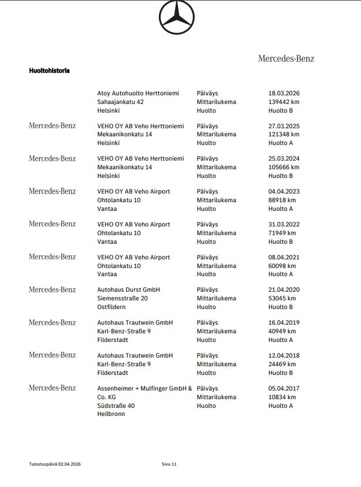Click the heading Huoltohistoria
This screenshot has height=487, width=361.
pos(50,70)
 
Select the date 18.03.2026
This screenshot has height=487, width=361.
pos(284,93)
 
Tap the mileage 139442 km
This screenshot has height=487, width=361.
pos(284,102)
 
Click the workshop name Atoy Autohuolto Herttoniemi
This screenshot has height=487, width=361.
pos(138,93)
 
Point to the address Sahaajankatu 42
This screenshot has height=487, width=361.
pos(121,102)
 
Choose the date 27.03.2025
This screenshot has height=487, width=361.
pos(284,126)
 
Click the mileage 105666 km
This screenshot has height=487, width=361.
pos(284,167)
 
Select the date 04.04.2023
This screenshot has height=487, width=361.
pos(284,191)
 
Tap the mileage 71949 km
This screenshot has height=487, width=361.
pos(282,233)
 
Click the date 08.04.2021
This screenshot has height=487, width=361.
pos(284,257)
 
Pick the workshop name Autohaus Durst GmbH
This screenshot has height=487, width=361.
pos(129,289)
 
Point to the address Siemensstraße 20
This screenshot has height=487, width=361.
pos(122,298)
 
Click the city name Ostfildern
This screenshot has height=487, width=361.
pos(111,307)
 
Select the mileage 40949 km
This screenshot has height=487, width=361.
pos(282,331)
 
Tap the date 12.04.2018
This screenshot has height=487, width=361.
pos(284,355)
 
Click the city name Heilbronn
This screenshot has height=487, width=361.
pos(111,414)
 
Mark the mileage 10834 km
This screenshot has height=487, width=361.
pos(282,397)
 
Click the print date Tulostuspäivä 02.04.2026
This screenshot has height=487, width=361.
pos(55,464)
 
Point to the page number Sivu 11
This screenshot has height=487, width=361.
pos(170,464)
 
